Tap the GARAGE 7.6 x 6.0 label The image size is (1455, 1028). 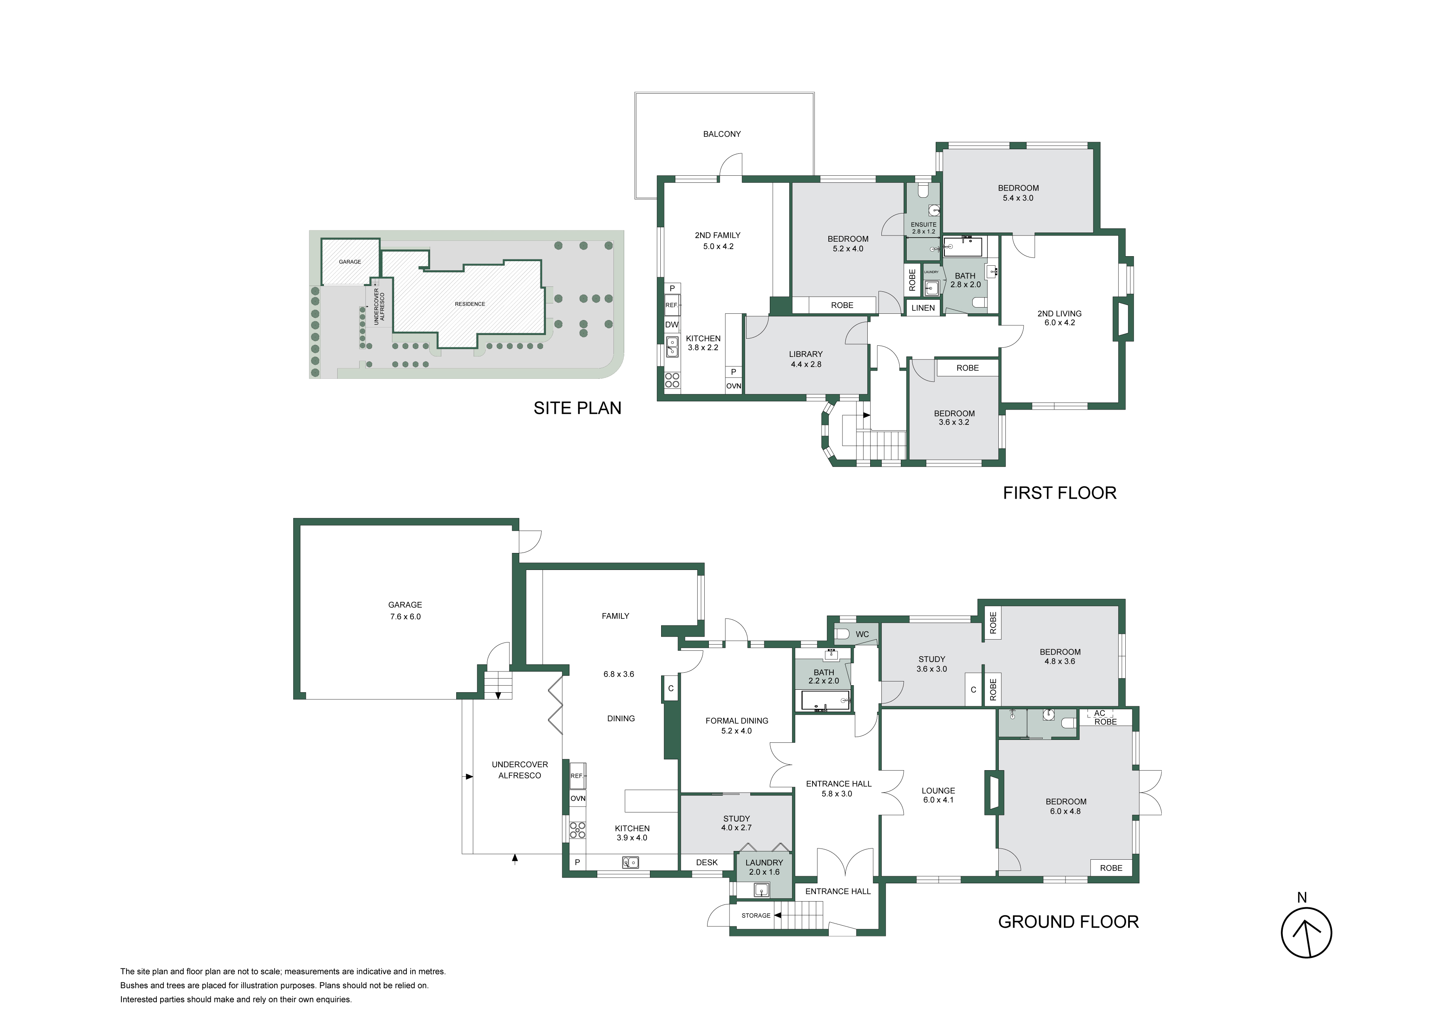[x=405, y=611]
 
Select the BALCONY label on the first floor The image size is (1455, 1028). [x=722, y=133]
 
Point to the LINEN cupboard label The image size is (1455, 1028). [x=923, y=308]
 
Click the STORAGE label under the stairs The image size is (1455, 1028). [x=756, y=915]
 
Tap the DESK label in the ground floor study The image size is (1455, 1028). [x=707, y=862]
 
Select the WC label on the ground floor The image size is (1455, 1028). [x=862, y=634]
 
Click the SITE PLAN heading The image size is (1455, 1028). [x=577, y=408]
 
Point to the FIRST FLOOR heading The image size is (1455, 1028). [x=1060, y=493]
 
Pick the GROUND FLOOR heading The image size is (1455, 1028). [x=1068, y=921]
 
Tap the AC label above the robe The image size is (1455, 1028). [x=1100, y=713]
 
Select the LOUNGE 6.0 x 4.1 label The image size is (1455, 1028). [x=938, y=795]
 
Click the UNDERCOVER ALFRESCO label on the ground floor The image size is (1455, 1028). [x=520, y=770]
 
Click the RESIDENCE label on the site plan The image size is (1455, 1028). [x=470, y=304]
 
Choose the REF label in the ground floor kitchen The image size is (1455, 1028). [x=576, y=776]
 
